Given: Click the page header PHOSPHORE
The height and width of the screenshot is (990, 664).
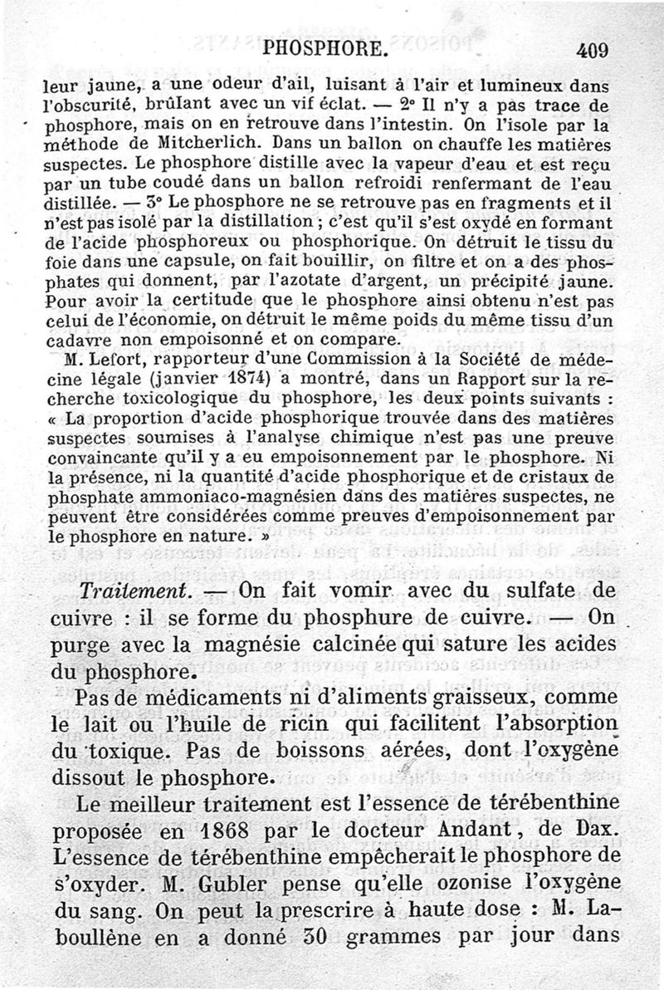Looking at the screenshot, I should tap(323, 50).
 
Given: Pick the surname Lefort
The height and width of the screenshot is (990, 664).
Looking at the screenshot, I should tap(115, 359).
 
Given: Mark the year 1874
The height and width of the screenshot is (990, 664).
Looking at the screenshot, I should tap(255, 377).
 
